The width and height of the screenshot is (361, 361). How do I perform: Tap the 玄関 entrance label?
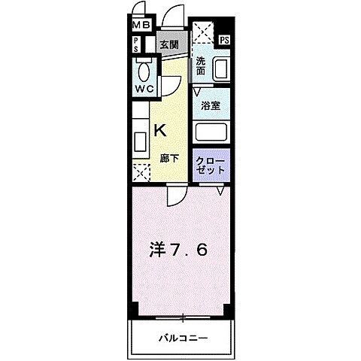pos(168,44)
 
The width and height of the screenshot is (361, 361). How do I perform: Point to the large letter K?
pos(159,130)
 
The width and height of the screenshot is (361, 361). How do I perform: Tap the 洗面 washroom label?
pos(201,67)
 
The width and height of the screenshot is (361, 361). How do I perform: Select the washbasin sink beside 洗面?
pos(220,68)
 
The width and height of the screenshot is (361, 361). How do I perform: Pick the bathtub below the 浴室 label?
pos(211,132)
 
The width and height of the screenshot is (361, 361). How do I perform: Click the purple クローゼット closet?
pos(211,165)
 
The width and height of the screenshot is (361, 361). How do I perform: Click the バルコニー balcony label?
pos(182,337)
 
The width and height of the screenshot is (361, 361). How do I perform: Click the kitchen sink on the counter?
pos(140,141)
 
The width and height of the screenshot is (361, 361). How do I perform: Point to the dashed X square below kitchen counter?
pos(140,171)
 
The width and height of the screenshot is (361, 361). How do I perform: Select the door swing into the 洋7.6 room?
pos(174,197)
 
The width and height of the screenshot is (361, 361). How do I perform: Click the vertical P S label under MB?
pos(136,44)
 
